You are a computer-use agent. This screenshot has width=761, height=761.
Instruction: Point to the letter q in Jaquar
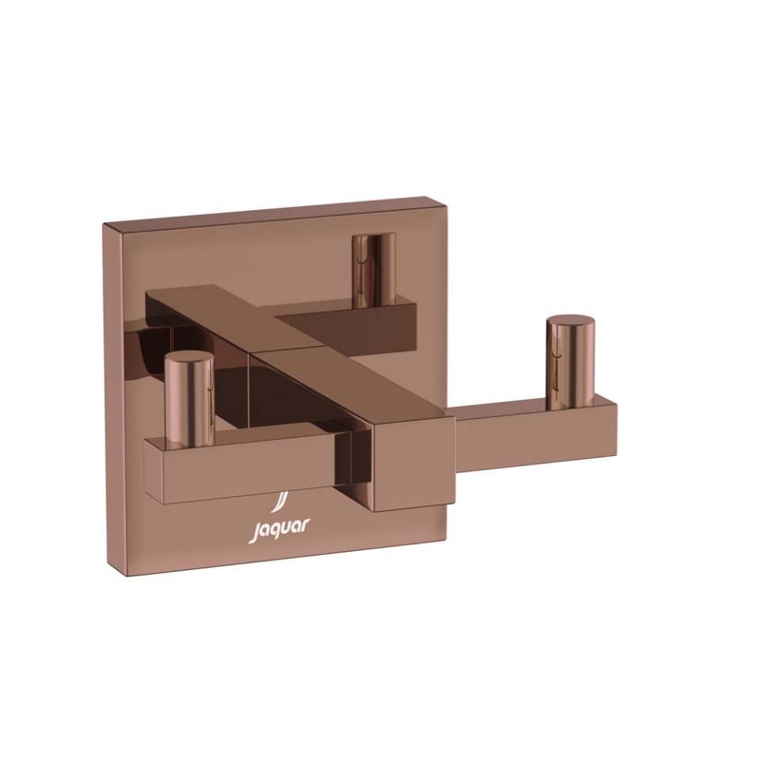pyautogui.click(x=274, y=531)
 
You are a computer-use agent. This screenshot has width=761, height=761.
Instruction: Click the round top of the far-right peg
pyautogui.click(x=570, y=324)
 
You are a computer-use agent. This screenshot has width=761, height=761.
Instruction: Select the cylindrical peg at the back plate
pyautogui.click(x=375, y=270)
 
